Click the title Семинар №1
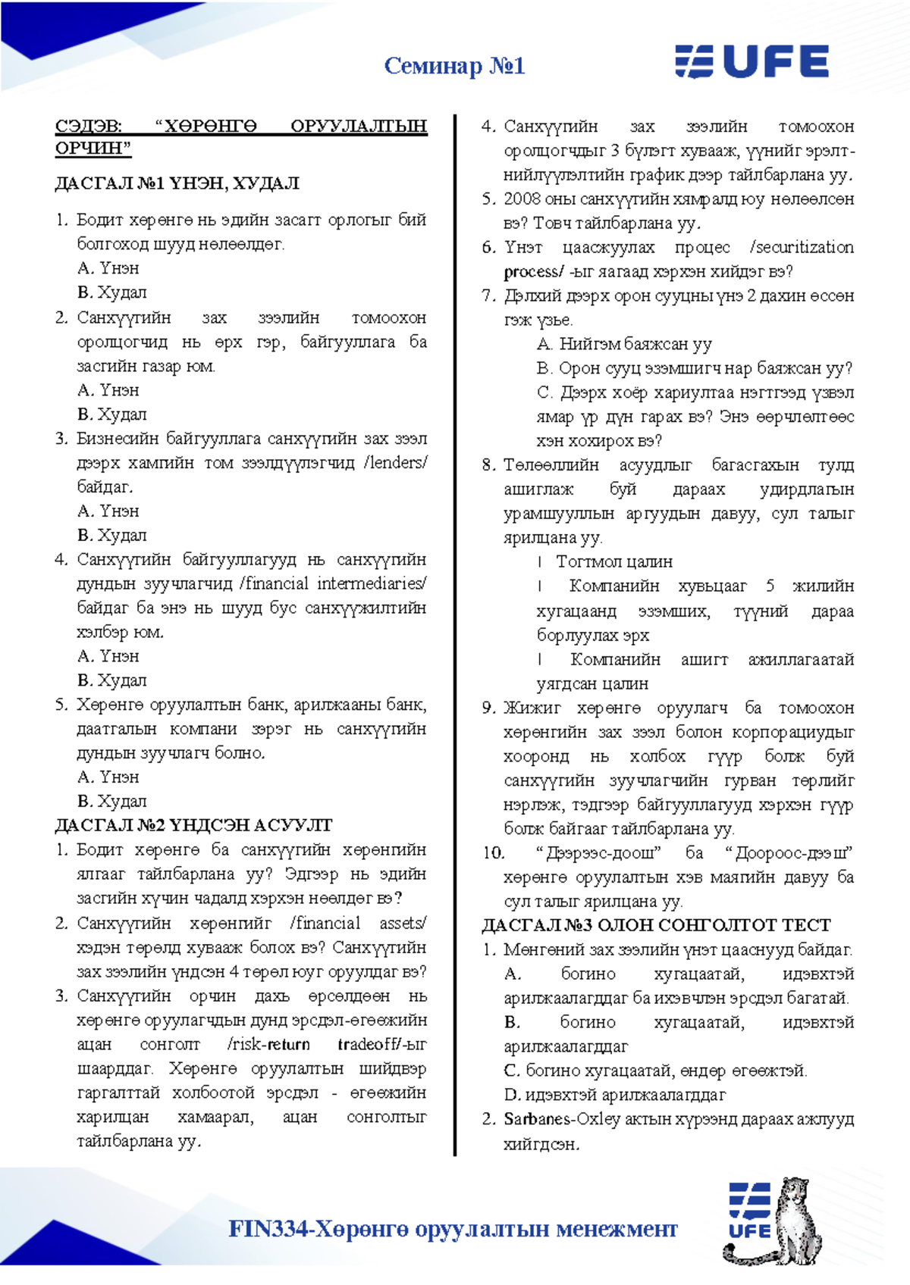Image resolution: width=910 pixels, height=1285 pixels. [454, 66]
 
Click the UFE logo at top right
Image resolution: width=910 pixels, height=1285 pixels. [752, 61]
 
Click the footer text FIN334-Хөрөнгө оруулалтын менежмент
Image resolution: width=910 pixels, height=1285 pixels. [453, 1228]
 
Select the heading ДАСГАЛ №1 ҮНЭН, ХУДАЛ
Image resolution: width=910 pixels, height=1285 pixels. [177, 183]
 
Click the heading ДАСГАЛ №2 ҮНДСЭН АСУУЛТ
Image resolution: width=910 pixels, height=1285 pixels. [193, 825]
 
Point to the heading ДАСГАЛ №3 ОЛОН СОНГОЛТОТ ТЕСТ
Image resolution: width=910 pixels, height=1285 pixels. [656, 925]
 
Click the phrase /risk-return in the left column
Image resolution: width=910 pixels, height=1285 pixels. [268, 1044]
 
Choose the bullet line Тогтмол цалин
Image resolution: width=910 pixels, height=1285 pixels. [613, 561]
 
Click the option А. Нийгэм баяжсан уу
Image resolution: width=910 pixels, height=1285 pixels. [624, 344]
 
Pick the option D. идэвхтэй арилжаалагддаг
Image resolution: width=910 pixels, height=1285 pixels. [614, 1095]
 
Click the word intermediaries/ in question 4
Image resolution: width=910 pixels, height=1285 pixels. [371, 583]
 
